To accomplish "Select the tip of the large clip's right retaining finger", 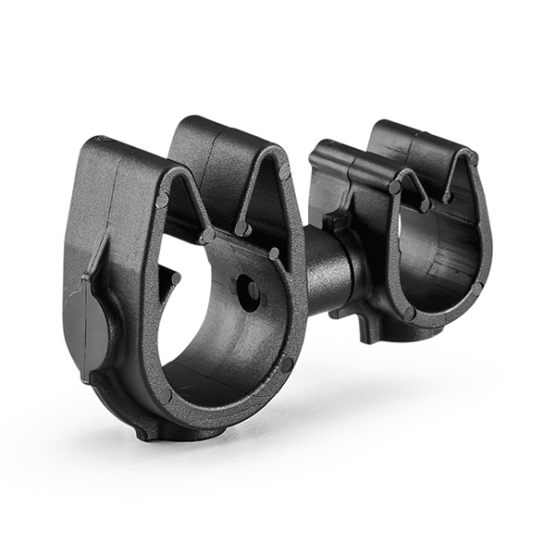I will (242, 228).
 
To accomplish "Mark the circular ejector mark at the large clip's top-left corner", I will (163, 200).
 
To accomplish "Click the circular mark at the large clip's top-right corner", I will (283, 172).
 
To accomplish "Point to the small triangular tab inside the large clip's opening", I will (168, 275).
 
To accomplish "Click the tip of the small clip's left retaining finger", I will (425, 205).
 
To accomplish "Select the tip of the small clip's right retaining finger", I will (448, 196).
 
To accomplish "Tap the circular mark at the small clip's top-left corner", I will (395, 187).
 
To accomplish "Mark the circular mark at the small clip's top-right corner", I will (473, 160).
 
